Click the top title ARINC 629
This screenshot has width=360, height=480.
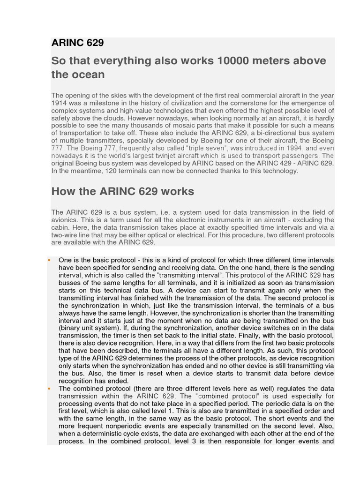click(x=77, y=43)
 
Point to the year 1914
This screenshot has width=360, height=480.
click(x=59, y=103)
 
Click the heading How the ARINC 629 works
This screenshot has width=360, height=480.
click(x=123, y=192)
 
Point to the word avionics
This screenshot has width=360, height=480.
click(x=66, y=220)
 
